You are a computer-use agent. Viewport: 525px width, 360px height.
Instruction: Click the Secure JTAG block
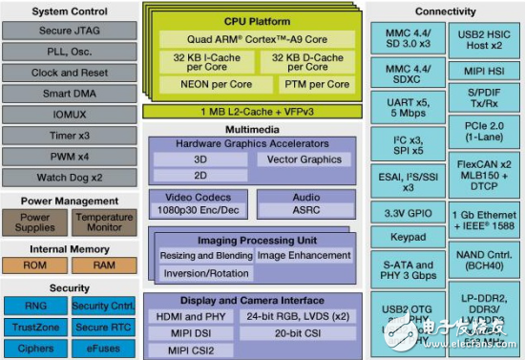point(69,32)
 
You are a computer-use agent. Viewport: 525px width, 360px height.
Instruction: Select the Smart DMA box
point(69,94)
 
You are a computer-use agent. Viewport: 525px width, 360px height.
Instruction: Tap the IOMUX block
point(69,115)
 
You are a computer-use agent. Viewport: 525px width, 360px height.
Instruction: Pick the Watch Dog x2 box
point(69,177)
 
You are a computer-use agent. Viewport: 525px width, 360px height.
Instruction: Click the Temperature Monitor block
point(104,222)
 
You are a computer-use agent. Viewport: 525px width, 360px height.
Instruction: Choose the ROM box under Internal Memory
point(35,265)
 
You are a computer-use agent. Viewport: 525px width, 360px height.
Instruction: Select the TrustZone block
point(35,326)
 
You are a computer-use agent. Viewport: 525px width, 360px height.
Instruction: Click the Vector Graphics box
point(304,159)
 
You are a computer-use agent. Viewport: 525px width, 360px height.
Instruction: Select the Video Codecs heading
point(196,197)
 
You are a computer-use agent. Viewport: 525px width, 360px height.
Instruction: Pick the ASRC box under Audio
point(305,209)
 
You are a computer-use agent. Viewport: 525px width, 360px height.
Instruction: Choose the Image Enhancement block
point(304,256)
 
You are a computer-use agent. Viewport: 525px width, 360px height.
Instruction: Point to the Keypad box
point(409,236)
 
